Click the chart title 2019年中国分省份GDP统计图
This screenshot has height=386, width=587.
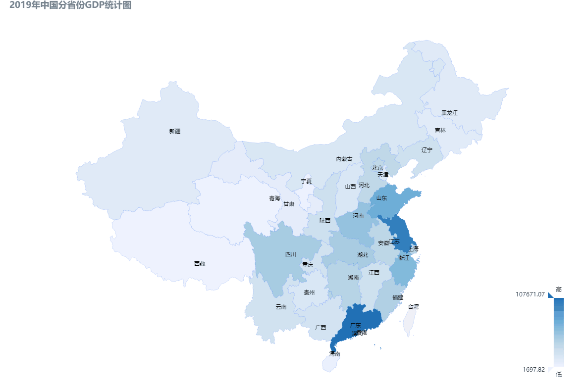pyautogui.click(x=70, y=5)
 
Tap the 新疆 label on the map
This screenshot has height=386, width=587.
pyautogui.click(x=175, y=131)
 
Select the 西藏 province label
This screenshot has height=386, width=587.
pyautogui.click(x=200, y=264)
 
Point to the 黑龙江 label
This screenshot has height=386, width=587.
pyautogui.click(x=449, y=113)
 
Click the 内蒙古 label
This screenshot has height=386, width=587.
pyautogui.click(x=344, y=159)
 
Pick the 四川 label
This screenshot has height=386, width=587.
pyautogui.click(x=290, y=254)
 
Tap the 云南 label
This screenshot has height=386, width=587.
pyautogui.click(x=281, y=307)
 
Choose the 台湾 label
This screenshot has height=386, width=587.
pyautogui.click(x=413, y=306)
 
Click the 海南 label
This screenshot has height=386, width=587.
pyautogui.click(x=335, y=354)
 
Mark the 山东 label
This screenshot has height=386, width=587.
pyautogui.click(x=381, y=198)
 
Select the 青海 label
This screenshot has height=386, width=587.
pyautogui.click(x=274, y=198)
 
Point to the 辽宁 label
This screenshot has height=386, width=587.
pyautogui.click(x=427, y=149)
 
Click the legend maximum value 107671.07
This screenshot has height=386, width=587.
pyautogui.click(x=530, y=294)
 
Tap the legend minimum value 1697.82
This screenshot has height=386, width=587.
pyautogui.click(x=533, y=369)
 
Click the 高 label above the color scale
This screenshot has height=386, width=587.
pyautogui.click(x=559, y=289)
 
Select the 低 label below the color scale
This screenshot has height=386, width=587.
pyautogui.click(x=559, y=375)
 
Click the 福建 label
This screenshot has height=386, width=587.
pyautogui.click(x=397, y=297)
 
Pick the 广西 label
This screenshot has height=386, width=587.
pyautogui.click(x=320, y=328)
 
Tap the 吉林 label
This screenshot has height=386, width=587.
pyautogui.click(x=440, y=130)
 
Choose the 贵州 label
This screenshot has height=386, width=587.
pyautogui.click(x=309, y=292)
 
